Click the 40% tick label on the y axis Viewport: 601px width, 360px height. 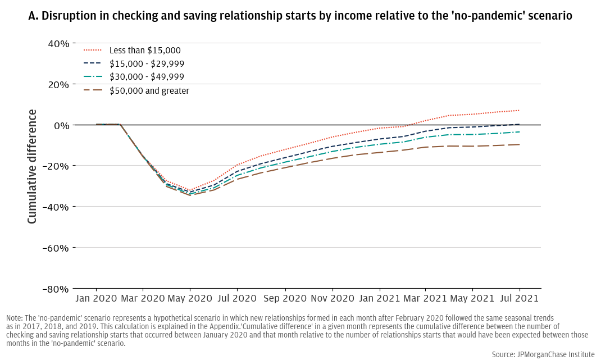(x=58, y=43)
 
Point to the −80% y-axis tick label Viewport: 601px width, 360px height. (x=56, y=289)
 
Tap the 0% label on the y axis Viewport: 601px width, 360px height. (x=61, y=125)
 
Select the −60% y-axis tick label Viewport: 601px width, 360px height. (x=56, y=248)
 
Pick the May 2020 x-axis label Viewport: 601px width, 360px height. (x=189, y=298)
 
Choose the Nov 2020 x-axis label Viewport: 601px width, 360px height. (x=332, y=298)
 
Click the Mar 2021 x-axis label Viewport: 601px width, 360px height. (x=425, y=298)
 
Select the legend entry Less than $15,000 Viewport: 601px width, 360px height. (x=145, y=51)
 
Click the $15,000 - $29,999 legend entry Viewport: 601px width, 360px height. (x=147, y=64)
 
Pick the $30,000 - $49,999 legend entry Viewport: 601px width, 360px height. (x=147, y=77)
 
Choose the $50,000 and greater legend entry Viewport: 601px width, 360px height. (x=149, y=90)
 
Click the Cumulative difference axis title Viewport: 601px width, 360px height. (x=32, y=166)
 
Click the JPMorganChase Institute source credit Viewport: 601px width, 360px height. (x=543, y=354)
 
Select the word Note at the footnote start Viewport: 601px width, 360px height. (x=15, y=318)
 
